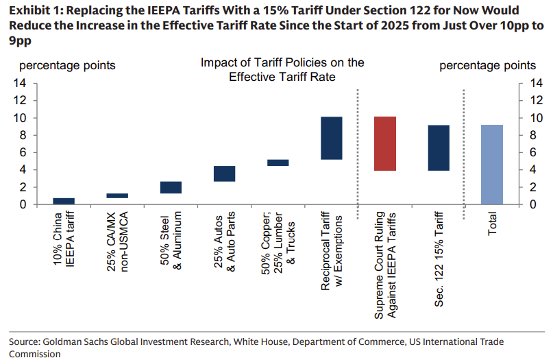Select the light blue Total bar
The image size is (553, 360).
(x=491, y=165)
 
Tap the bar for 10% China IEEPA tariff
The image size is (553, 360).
(x=64, y=201)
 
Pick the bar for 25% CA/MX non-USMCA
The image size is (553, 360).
(x=117, y=195)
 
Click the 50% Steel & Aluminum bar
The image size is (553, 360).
(x=171, y=187)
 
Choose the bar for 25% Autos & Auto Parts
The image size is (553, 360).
(x=224, y=173)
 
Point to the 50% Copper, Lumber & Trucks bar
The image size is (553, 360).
(x=278, y=163)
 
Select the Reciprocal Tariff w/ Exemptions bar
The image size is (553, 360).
(x=331, y=138)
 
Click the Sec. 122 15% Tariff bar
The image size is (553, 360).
(x=438, y=147)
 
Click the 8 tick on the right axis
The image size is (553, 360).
(x=526, y=135)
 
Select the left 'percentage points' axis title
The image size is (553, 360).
(x=66, y=66)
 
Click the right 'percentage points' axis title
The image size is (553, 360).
(x=487, y=66)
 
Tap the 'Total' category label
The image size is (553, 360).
(x=492, y=224)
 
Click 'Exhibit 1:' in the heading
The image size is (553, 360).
(x=34, y=10)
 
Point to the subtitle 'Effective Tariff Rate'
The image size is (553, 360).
(x=282, y=77)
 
